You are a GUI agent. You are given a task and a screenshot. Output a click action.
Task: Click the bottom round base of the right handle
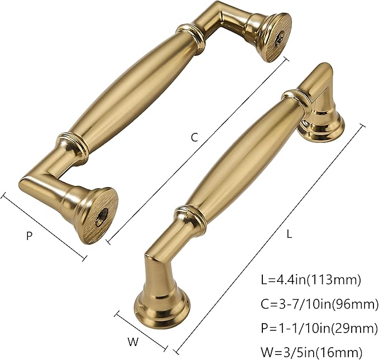pos(161,305)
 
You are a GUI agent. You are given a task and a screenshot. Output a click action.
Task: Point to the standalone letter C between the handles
pos(194,137)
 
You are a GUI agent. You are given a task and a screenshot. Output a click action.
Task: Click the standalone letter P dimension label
pos(29,236)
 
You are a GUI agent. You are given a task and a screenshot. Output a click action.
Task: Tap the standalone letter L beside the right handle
pos(289,234)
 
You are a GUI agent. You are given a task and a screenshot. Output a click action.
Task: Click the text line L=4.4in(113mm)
pos(311,279)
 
